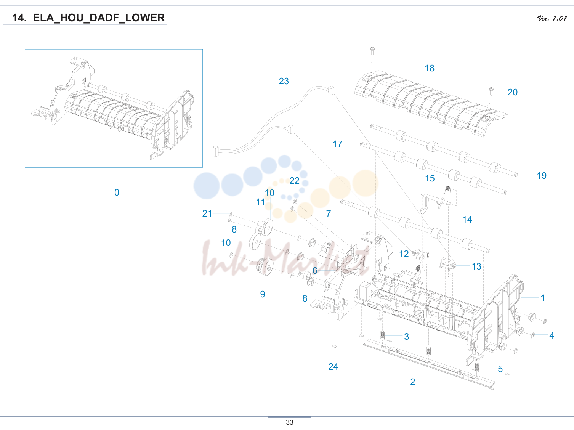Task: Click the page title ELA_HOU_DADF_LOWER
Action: coord(99,18)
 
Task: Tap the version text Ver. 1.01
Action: coord(552,18)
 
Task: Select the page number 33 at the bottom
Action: coord(290,422)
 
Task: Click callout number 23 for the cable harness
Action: coord(284,81)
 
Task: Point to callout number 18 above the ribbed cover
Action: coord(430,68)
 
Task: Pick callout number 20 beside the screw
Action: coord(513,92)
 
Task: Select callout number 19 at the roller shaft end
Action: coord(542,175)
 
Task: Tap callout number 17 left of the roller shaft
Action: coord(337,144)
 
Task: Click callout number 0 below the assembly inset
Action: coord(117,193)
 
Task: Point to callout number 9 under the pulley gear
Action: coord(263,294)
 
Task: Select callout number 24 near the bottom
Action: coord(333,367)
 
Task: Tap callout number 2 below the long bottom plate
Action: coord(413,382)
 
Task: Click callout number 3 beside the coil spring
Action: coord(406,337)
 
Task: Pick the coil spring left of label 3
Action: coord(383,335)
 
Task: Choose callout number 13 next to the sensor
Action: coord(476,266)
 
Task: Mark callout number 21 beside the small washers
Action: coord(207,213)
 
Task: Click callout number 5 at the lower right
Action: coord(500,369)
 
